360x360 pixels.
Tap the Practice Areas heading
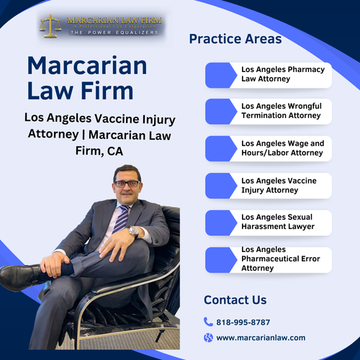click(x=235, y=39)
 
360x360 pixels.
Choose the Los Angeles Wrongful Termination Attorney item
click(x=281, y=111)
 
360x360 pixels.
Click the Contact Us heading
click(x=235, y=300)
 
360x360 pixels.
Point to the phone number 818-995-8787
click(x=243, y=322)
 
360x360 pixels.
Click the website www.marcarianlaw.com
click(x=261, y=337)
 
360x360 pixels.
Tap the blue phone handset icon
click(x=208, y=322)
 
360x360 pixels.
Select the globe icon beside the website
click(x=208, y=337)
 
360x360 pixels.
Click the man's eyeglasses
click(x=127, y=184)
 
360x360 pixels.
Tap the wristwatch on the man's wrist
click(x=133, y=232)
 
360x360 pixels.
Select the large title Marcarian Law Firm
click(x=86, y=78)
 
